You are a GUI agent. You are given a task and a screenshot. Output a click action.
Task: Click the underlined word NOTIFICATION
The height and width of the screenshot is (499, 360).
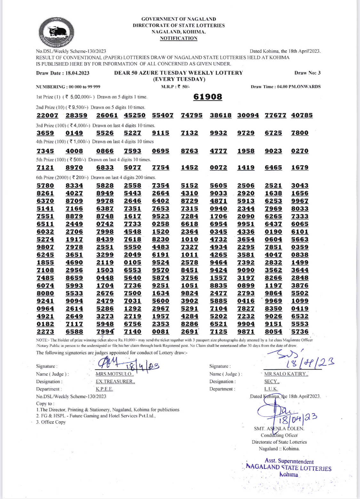coord(179,38)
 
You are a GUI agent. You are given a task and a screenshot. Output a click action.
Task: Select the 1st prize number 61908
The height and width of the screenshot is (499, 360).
coord(208,97)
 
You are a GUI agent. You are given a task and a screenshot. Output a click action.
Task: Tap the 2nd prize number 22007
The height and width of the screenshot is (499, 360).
coord(47,115)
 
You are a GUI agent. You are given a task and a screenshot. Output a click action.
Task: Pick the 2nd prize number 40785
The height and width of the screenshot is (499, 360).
coord(302,115)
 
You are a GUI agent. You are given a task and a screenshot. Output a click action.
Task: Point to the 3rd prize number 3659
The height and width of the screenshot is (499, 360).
coord(45,133)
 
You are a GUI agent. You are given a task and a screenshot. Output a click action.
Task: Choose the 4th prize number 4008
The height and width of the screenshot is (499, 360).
coord(74,151)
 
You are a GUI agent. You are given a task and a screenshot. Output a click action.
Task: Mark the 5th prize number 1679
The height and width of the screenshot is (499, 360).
coord(300,168)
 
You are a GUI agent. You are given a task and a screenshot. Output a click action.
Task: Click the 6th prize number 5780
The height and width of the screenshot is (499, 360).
coord(45,185)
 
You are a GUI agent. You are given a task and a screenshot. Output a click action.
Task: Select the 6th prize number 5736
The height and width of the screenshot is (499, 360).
coord(300,331)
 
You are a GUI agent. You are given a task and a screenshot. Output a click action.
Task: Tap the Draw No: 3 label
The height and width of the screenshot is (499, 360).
coord(307,73)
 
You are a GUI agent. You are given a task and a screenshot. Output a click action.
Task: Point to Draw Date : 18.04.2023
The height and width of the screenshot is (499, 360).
coord(63,73)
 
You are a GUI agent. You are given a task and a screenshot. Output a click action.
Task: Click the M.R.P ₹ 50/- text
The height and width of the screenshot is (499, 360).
coord(175,86)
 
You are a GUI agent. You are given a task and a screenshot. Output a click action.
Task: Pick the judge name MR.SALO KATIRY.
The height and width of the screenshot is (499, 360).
coord(286,374)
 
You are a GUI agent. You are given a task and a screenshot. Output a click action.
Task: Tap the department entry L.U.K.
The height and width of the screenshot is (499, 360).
coord(271,389)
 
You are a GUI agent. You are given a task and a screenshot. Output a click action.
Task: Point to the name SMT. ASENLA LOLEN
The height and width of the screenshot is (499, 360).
coord(279,428)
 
